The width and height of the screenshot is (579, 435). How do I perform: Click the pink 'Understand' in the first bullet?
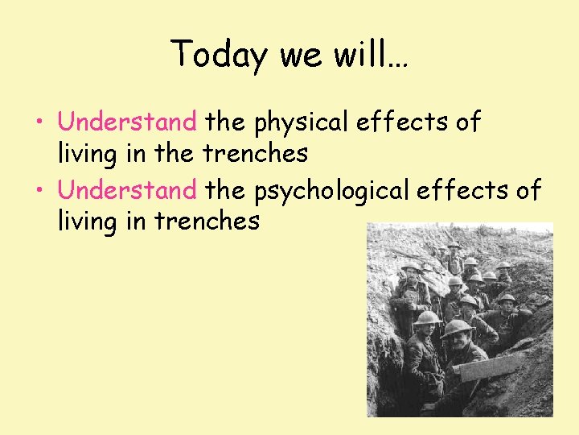(x=127, y=122)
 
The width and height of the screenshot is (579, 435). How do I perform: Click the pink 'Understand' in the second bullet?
(x=127, y=190)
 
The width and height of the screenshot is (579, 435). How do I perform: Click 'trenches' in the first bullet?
(x=255, y=152)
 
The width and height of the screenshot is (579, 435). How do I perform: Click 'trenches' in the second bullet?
(x=207, y=220)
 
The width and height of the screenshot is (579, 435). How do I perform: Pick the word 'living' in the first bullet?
(x=88, y=153)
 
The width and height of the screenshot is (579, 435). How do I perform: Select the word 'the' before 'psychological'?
(x=226, y=190)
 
